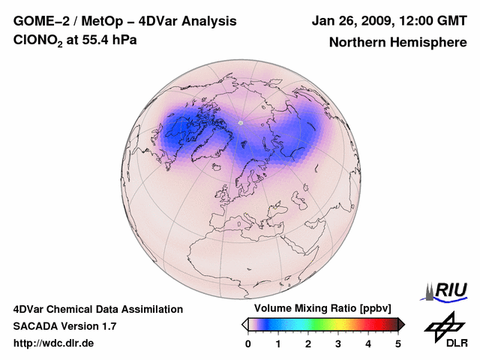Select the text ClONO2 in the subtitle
point(40,41)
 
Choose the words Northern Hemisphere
point(397,42)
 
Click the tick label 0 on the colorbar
point(248,343)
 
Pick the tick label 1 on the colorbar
point(278,343)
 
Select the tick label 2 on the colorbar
point(308,343)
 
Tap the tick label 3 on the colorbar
point(338,343)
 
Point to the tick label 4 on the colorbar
point(368,343)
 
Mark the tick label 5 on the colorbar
point(398,343)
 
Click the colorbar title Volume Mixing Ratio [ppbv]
point(319,309)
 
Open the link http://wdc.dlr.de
point(54,343)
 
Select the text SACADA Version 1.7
point(64,326)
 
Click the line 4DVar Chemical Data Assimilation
point(97,309)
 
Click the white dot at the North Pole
point(241,121)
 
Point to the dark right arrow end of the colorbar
point(401,324)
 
